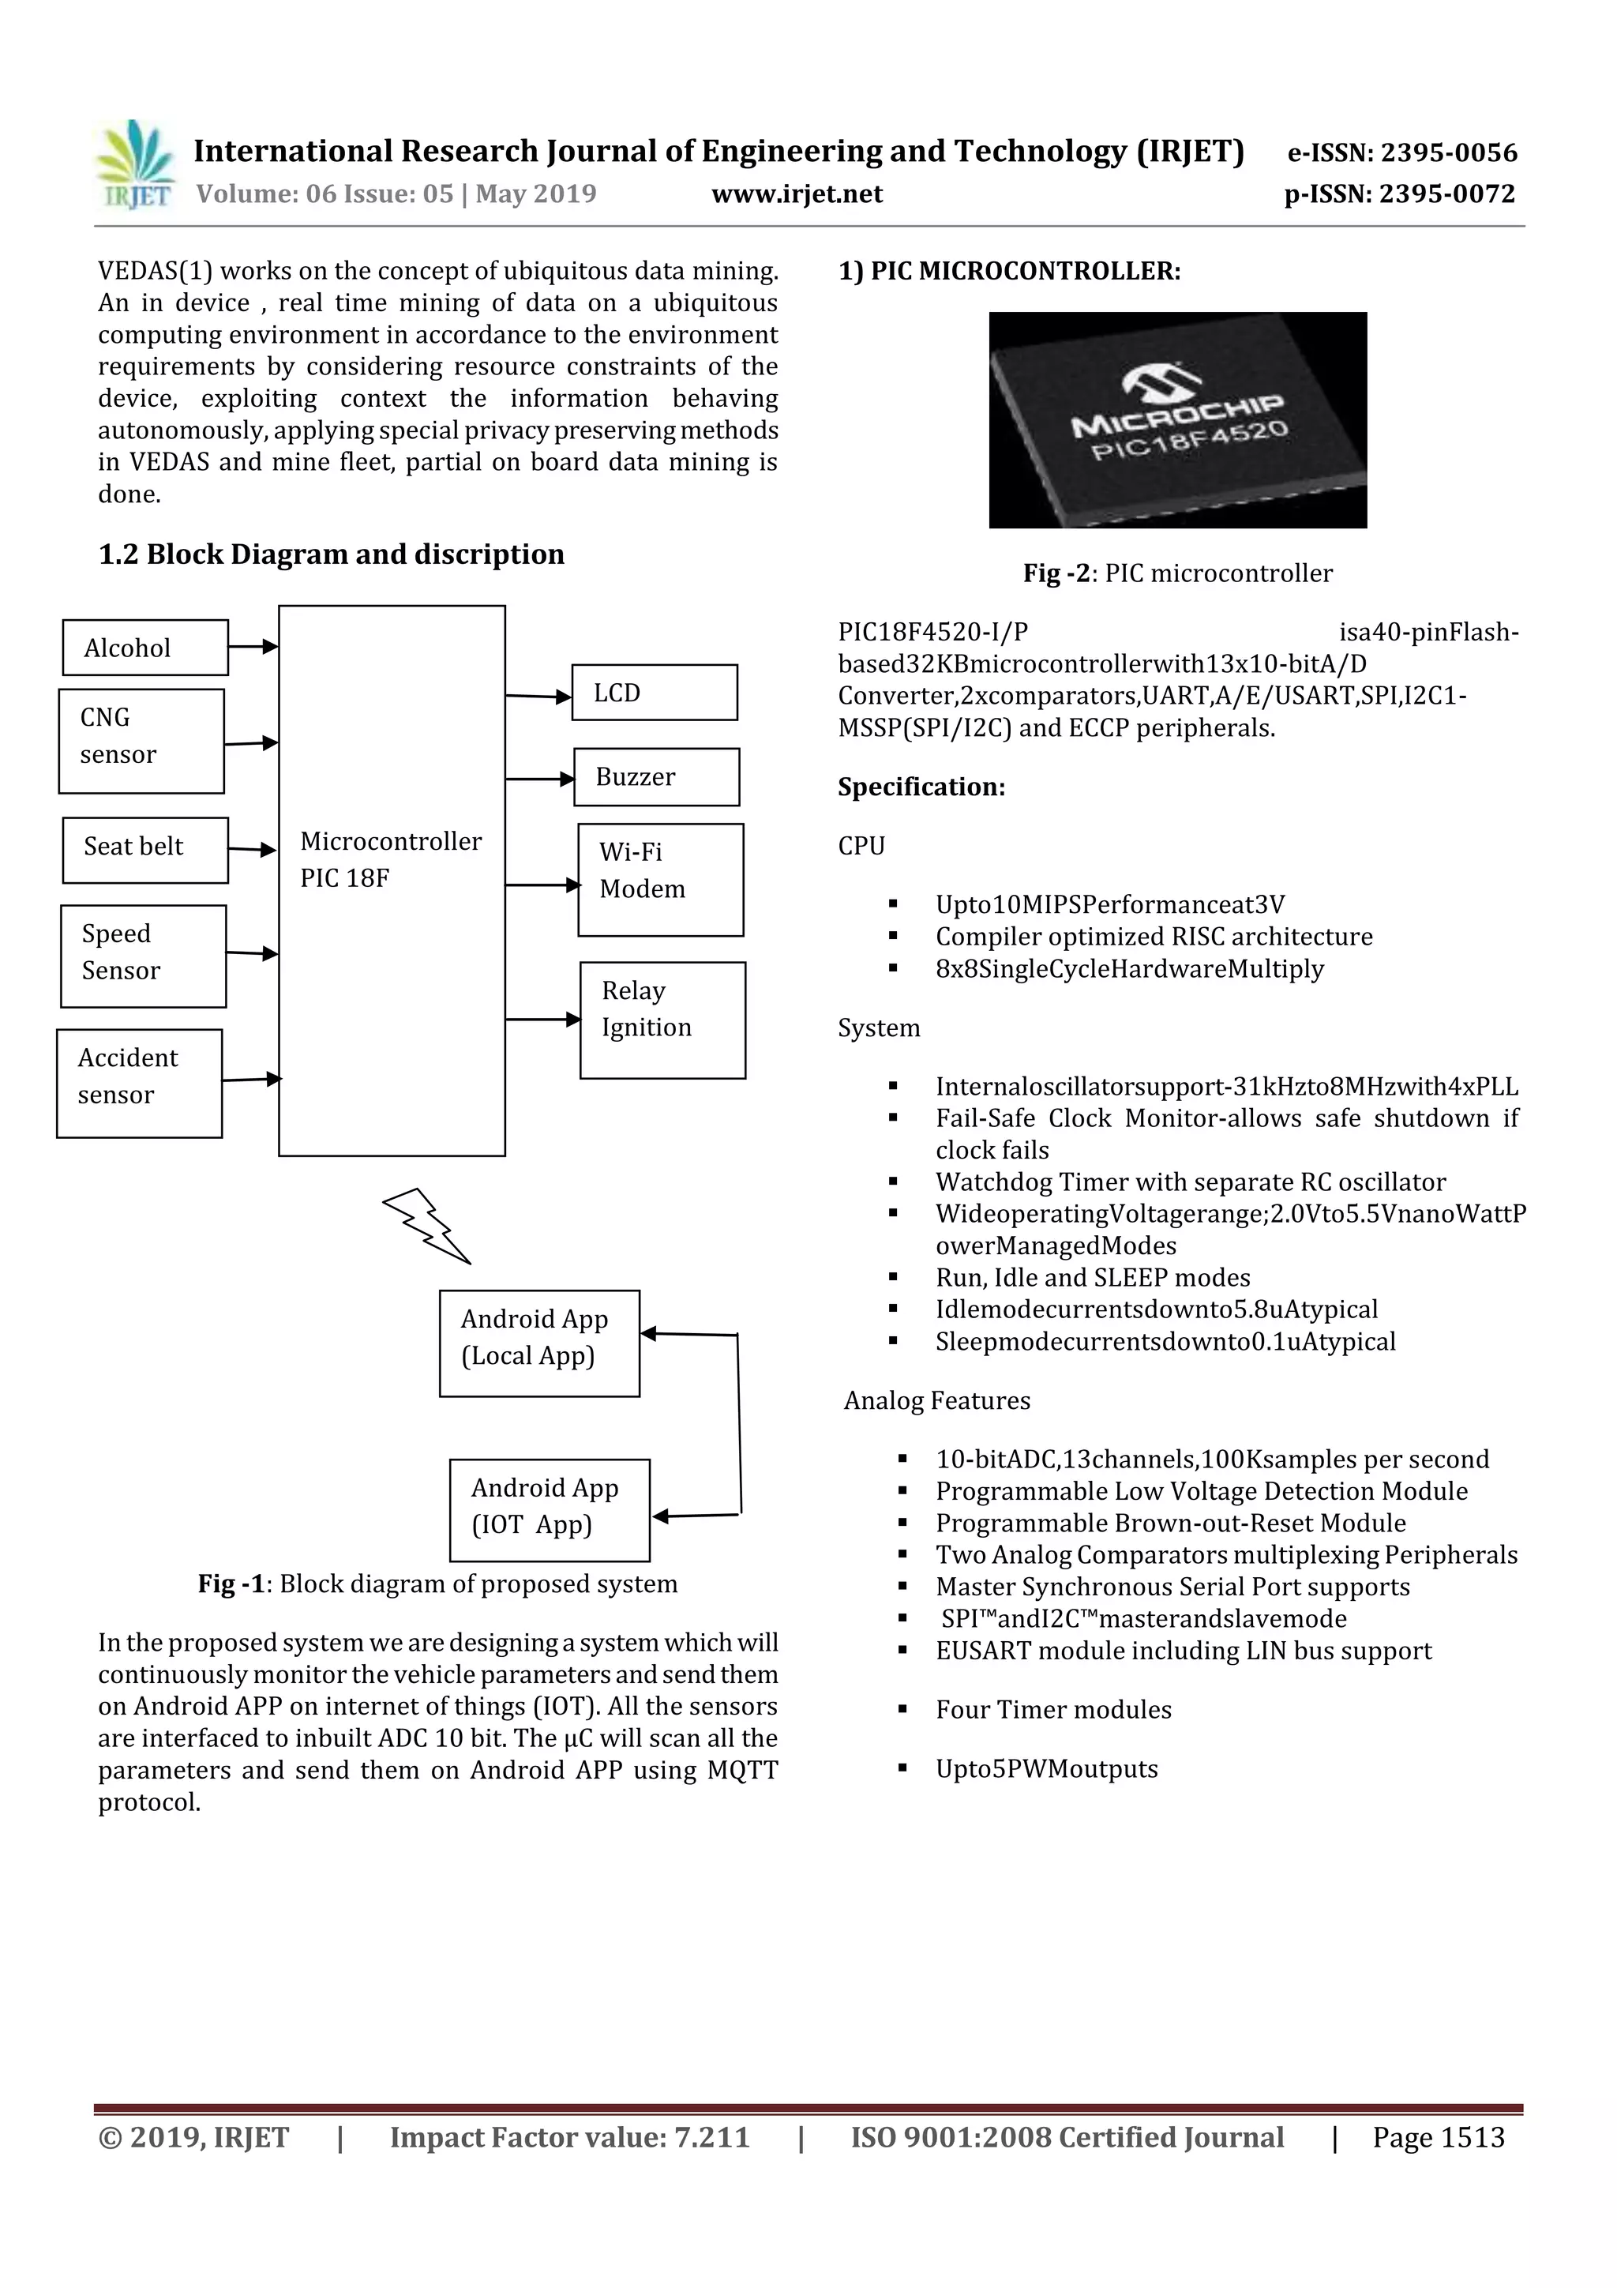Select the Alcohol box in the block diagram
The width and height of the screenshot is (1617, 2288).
point(144,648)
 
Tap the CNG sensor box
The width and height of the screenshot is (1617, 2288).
point(141,740)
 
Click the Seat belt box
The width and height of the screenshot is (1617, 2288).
point(144,849)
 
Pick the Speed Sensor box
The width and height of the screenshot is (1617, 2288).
point(142,956)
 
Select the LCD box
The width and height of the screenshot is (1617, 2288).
point(654,693)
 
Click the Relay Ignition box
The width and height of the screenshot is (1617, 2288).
point(662,1019)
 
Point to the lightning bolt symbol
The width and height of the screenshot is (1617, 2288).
point(426,1225)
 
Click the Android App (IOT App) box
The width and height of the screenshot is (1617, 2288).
point(548,1510)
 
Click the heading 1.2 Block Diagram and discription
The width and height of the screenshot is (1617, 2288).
point(331,554)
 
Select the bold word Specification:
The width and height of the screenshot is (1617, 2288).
point(921,787)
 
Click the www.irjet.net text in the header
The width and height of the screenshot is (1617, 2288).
point(796,193)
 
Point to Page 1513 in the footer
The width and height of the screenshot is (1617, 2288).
point(1438,2136)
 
